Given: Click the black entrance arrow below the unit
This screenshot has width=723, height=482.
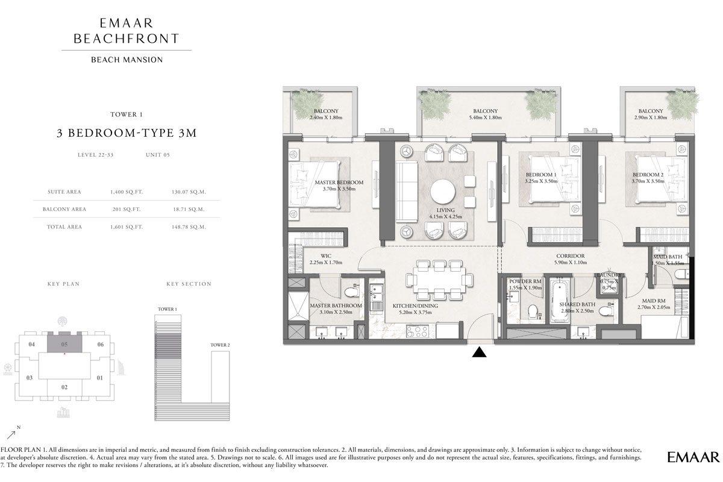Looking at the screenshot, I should tap(479, 352).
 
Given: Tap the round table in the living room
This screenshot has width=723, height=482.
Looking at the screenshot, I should tap(443, 192).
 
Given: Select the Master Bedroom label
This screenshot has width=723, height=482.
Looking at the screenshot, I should tap(339, 183).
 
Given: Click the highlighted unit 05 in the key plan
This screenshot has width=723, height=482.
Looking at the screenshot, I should tap(64, 344).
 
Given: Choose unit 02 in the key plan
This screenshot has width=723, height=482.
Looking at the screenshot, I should tap(64, 387).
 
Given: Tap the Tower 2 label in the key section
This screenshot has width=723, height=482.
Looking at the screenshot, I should tap(220, 345).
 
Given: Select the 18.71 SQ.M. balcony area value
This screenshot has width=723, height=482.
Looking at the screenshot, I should tap(189, 210).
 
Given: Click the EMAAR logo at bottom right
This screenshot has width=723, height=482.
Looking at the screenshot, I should tap(693, 457).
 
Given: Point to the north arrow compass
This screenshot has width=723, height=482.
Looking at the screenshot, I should tap(13, 433).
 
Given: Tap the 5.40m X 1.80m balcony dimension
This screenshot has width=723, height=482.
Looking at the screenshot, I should tap(485, 117).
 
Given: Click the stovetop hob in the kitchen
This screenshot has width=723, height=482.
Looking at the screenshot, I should tap(417, 331).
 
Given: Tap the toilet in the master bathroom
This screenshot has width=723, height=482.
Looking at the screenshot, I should tap(351, 293).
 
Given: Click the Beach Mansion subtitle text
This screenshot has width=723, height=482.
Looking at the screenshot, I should tap(127, 60).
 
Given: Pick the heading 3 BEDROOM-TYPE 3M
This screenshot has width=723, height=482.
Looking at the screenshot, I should tap(127, 134).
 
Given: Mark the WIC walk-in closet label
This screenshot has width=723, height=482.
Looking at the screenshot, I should tap(325, 255).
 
